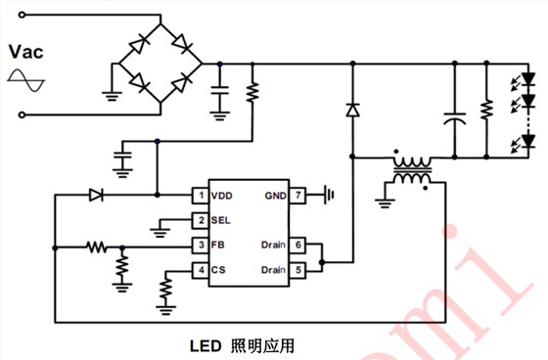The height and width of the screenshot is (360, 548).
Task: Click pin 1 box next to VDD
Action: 199,196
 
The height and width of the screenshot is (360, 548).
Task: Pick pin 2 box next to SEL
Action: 199,220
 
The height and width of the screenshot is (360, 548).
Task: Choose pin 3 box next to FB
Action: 199,245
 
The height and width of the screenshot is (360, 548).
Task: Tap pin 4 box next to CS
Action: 199,269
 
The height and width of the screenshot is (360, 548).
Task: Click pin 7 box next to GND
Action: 300,196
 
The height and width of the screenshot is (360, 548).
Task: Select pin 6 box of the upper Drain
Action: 300,245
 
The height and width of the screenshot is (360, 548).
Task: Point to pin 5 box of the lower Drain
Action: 300,269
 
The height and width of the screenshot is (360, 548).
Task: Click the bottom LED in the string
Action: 529,144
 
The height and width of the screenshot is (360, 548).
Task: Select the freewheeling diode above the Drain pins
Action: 350,111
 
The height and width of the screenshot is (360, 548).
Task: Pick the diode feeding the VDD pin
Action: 96,196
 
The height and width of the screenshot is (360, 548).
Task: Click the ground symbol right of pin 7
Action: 330,196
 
